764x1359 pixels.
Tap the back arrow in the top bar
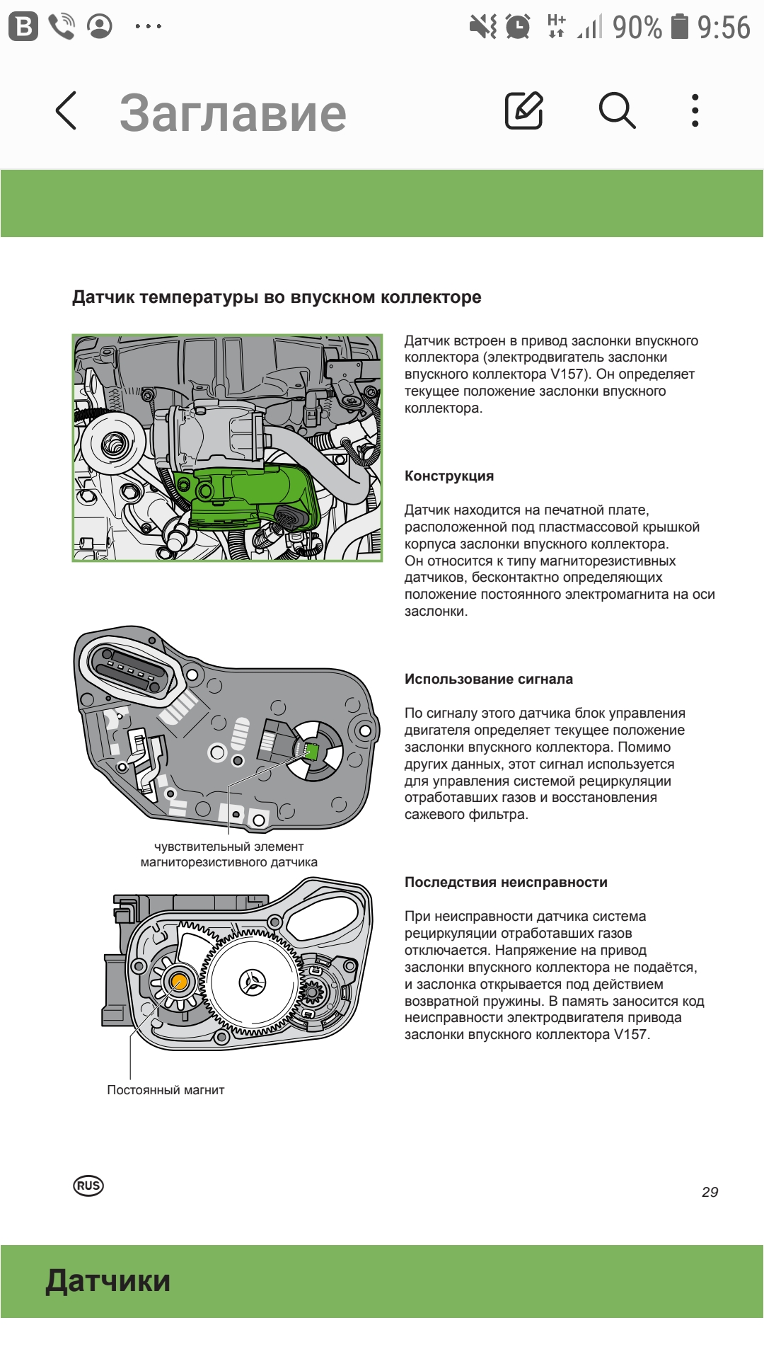pos(66,111)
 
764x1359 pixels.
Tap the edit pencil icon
pos(523,110)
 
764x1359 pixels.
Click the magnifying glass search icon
pos(617,110)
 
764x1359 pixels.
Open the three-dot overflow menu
pos(695,110)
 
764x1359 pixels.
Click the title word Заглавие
pos(233,113)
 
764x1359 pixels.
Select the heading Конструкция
pos(449,476)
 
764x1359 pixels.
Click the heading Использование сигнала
pos(489,679)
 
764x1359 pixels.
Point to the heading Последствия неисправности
pos(506,882)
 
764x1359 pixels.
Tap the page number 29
pos(710,1192)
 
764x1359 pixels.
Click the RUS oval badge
pos(88,1186)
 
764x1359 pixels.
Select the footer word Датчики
pos(108,1281)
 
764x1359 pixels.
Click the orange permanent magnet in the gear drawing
pos(178,982)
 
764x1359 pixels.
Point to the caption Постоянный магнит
pos(166,1090)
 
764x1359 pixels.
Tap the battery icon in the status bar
pos(679,27)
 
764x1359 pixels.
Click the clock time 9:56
pos(723,28)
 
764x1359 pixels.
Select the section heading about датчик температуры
pos(277,297)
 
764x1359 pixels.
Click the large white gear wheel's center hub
pos(253,982)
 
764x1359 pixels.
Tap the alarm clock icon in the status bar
pos(519,27)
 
